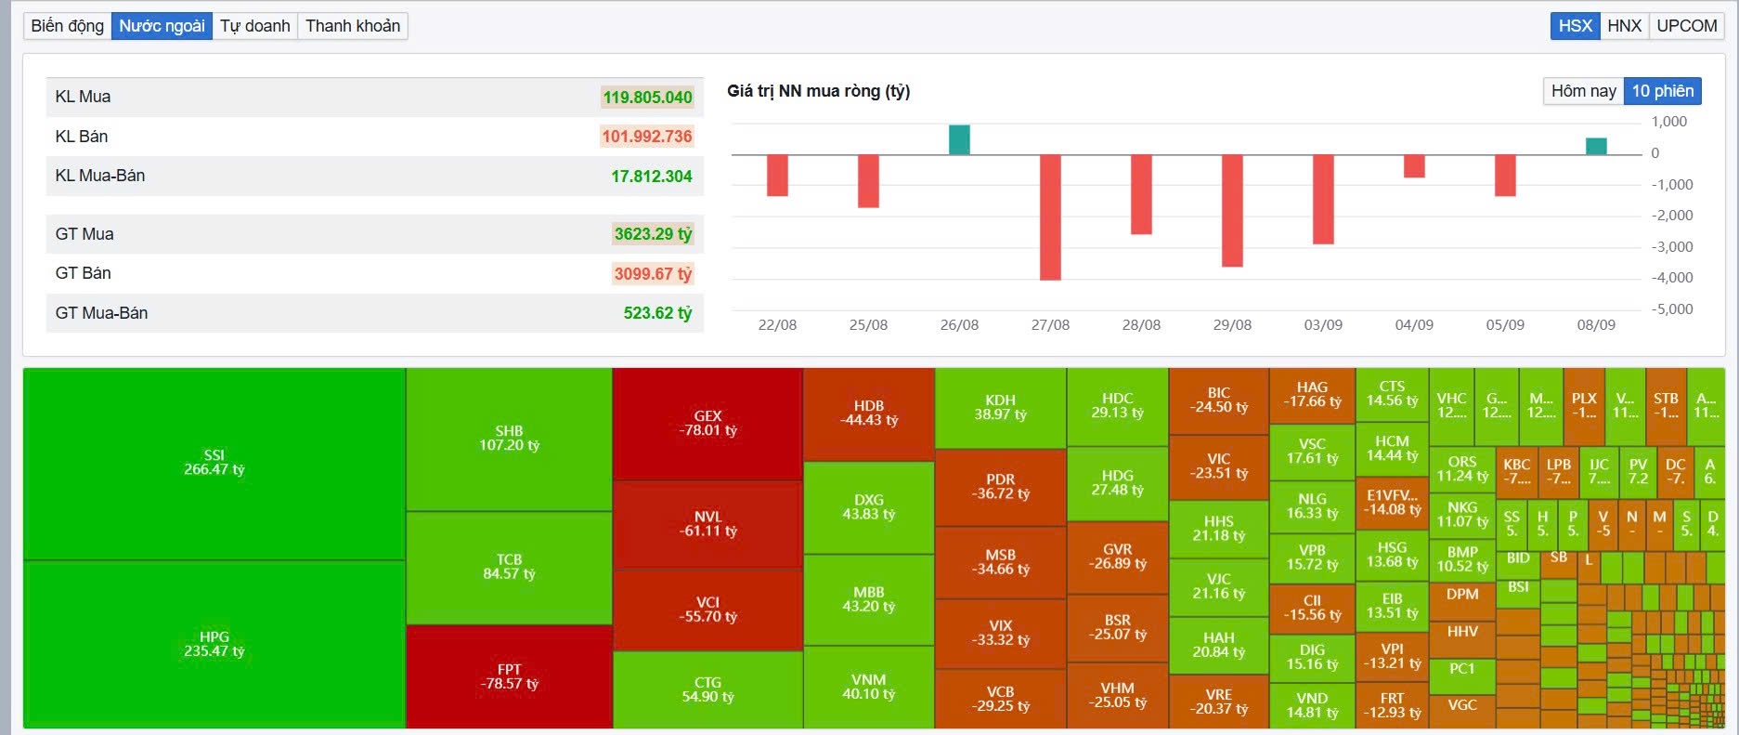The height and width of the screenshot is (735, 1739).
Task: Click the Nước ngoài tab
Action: tap(162, 26)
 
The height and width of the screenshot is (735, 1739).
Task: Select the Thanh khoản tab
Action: tap(353, 26)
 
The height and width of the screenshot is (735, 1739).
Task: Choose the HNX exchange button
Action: tap(1624, 26)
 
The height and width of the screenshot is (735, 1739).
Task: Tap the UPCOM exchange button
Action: tap(1686, 26)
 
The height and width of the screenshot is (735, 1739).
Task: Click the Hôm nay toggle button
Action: tap(1583, 91)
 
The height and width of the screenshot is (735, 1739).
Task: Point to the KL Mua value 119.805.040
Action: tap(647, 98)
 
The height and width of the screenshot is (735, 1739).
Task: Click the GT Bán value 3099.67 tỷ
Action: tap(653, 274)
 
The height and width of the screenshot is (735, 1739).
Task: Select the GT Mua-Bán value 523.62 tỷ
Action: tap(657, 313)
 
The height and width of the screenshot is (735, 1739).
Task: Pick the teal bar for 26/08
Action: tap(959, 140)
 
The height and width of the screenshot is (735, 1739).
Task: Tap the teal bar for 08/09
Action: tap(1596, 147)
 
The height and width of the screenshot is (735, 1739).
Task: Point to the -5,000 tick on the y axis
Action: tap(1671, 309)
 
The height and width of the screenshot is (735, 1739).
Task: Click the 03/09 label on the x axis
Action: tap(1323, 325)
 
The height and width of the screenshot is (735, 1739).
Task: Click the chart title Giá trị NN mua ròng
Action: tap(818, 91)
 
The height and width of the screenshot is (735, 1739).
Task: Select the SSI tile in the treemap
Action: tap(214, 463)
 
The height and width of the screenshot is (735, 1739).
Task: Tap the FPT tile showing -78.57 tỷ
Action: tap(509, 676)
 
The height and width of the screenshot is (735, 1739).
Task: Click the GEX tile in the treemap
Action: tap(707, 424)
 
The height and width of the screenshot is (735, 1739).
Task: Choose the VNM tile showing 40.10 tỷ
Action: tap(868, 687)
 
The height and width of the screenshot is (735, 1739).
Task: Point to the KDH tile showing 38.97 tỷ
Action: tap(1000, 407)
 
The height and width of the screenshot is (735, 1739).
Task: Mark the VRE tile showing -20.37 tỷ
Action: tap(1218, 702)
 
